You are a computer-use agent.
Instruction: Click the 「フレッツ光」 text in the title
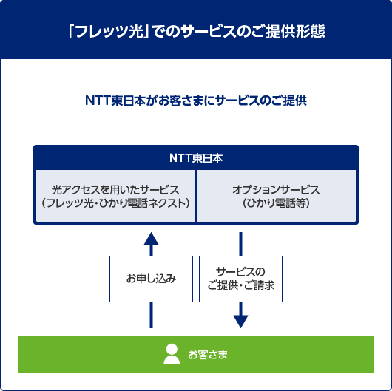[x=104, y=33]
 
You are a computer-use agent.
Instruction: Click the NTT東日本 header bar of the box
[x=196, y=157]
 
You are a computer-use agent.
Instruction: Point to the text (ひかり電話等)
[x=276, y=203]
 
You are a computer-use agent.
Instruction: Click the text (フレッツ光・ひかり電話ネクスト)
[x=115, y=203]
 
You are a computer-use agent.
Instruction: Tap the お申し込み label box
[x=151, y=279]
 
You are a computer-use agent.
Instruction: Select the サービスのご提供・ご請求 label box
[x=240, y=279]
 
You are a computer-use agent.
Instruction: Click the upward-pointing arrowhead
[x=151, y=238]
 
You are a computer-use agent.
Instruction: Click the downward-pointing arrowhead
[x=240, y=320]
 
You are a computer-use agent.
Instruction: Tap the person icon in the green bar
[x=172, y=354]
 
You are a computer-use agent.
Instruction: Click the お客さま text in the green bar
[x=208, y=355]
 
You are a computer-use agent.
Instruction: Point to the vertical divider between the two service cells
[x=196, y=195]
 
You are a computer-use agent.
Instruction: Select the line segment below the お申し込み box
[x=151, y=315]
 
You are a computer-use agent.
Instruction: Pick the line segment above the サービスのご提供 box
[x=240, y=243]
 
